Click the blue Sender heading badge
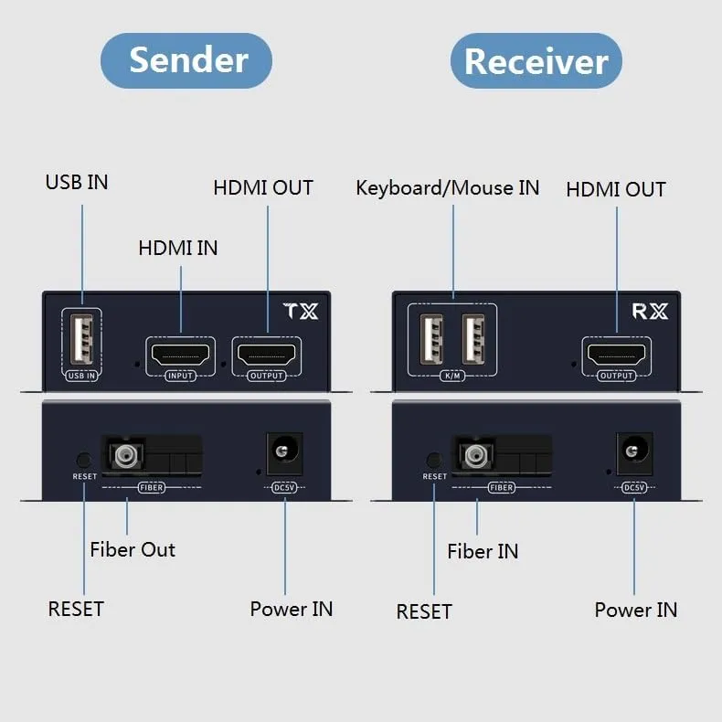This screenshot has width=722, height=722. (186, 60)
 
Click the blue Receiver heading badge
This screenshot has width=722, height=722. (536, 61)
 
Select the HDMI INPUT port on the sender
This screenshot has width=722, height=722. (180, 353)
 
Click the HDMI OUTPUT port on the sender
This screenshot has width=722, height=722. (267, 353)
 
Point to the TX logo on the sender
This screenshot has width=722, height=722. (302, 312)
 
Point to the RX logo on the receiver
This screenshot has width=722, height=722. (650, 312)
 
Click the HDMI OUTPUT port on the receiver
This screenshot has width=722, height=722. (616, 353)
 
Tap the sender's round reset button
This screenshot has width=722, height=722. (84, 461)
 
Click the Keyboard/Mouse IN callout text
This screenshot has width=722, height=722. (447, 188)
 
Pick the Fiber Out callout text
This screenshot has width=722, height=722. (133, 549)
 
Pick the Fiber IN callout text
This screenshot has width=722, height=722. (483, 551)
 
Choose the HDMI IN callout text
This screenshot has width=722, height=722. (178, 248)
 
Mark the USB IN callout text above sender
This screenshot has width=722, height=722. (77, 182)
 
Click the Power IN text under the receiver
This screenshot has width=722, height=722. (636, 610)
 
